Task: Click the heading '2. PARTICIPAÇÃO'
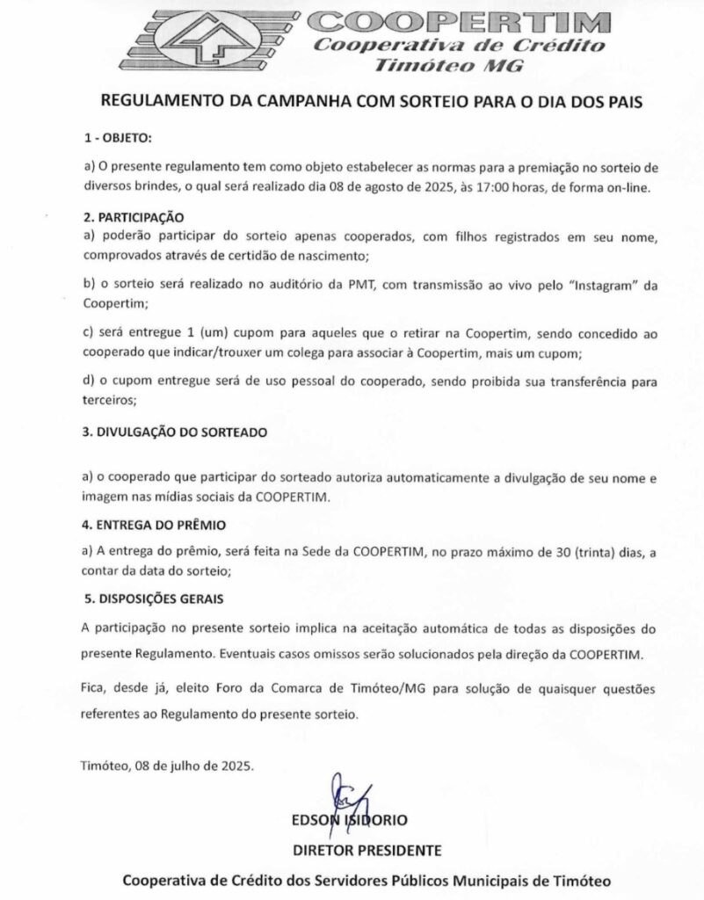[x=132, y=215]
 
